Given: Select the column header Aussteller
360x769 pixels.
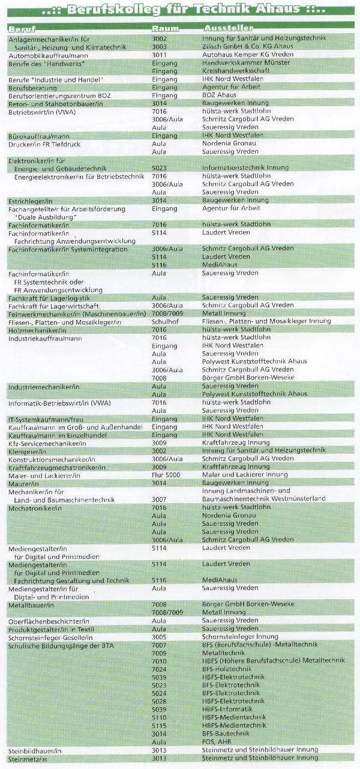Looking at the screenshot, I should [228, 29].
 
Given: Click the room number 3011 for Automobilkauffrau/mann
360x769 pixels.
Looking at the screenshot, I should [160, 54].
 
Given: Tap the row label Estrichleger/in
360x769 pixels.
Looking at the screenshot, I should [28, 200].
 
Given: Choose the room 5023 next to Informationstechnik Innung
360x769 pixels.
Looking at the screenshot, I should [160, 168].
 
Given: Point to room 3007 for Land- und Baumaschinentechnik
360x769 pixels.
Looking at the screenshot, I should [160, 498].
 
